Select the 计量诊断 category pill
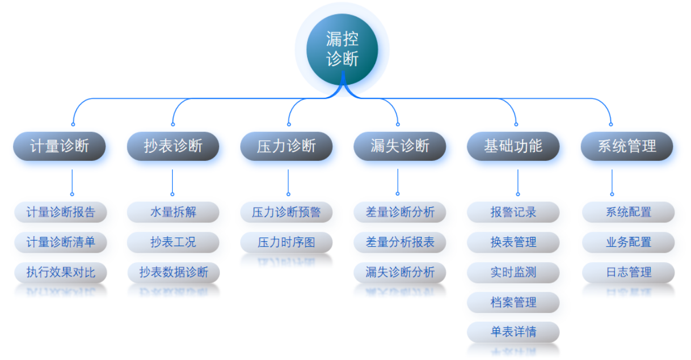point(59,146)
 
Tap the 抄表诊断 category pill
point(173,146)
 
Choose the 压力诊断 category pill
point(286,146)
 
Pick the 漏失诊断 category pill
point(399,146)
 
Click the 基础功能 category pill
point(513,146)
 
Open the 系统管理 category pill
point(627,146)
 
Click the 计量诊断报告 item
point(60,212)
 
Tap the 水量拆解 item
point(173,212)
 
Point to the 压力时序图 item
point(286,242)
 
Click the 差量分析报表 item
point(399,242)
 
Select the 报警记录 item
point(513,212)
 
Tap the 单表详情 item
point(513,332)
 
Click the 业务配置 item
point(628,242)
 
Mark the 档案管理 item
point(513,302)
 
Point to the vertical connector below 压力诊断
point(288,181)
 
